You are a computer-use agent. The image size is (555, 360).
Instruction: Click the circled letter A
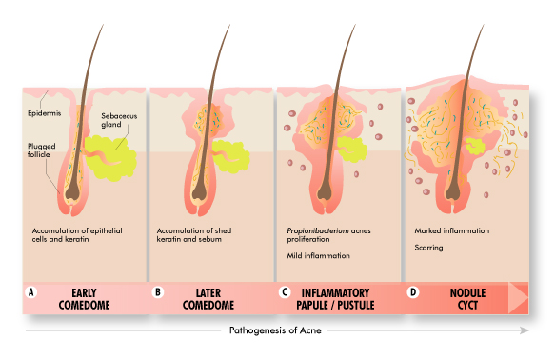[31, 292]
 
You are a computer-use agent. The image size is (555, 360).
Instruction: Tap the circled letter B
[158, 292]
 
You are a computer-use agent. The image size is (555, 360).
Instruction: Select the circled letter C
[285, 292]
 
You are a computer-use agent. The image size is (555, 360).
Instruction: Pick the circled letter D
[413, 292]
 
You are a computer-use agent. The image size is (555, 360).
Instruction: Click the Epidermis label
[44, 113]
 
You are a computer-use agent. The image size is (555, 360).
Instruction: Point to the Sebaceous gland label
[119, 120]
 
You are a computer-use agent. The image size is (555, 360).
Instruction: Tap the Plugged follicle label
[42, 150]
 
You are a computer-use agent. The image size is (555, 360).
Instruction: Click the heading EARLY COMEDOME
[84, 299]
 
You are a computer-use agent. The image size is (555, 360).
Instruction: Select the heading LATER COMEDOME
[208, 299]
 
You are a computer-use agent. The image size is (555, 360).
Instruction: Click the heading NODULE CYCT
[468, 299]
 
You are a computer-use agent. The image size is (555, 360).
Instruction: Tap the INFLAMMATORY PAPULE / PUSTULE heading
[335, 299]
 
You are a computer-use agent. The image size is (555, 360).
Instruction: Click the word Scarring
[428, 248]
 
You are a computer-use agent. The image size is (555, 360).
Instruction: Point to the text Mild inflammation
[318, 255]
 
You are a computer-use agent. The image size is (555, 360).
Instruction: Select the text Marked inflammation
[452, 230]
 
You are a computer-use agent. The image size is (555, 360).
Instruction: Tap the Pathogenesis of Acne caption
[275, 330]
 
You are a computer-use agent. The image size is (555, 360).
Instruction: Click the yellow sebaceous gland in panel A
[110, 158]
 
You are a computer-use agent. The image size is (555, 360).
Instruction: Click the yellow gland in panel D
[475, 147]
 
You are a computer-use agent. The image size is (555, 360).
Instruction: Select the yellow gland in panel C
[352, 149]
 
